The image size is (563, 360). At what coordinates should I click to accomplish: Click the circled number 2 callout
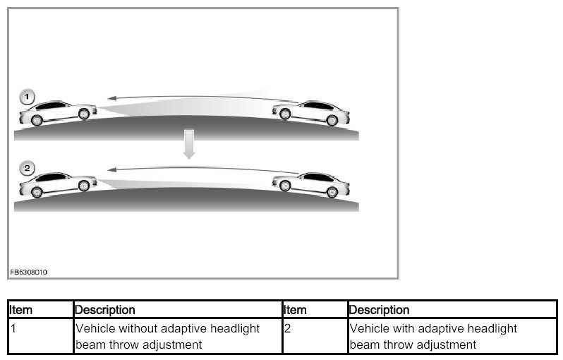(27, 168)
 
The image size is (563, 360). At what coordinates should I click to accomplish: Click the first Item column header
(20, 310)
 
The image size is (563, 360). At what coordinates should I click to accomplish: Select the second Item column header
(295, 310)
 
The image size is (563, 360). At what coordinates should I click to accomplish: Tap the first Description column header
(105, 310)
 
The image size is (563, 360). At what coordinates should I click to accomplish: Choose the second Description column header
(379, 310)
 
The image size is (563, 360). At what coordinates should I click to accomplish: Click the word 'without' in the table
(140, 329)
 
